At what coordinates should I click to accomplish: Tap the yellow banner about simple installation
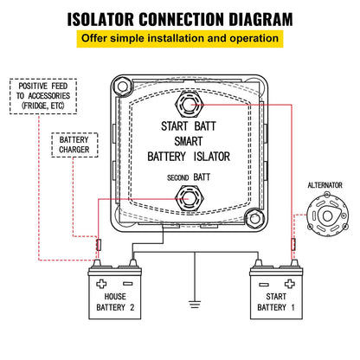click(179, 40)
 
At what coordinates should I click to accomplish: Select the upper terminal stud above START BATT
click(186, 107)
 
